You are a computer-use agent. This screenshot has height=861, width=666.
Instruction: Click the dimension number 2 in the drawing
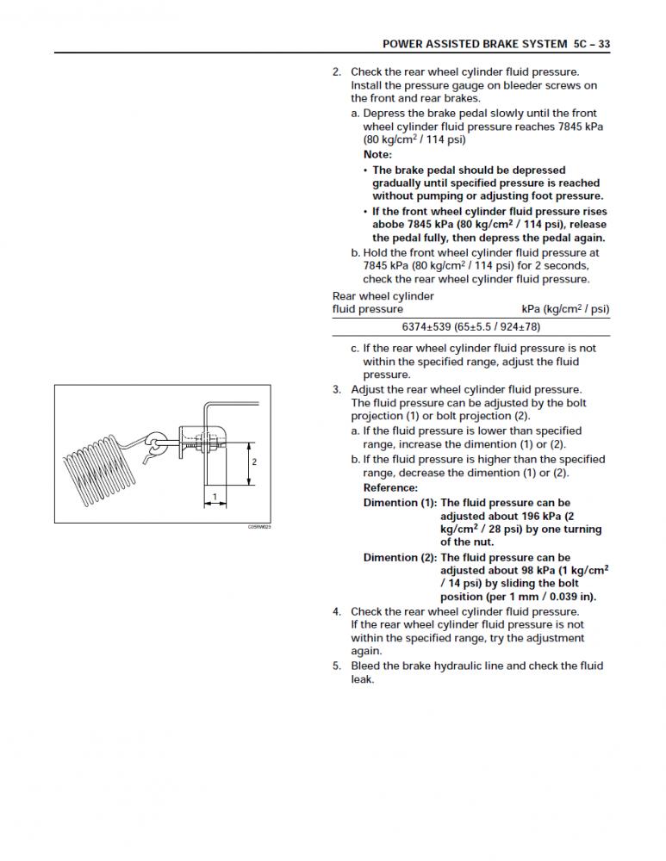[254, 462]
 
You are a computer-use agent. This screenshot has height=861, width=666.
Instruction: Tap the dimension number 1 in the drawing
[215, 497]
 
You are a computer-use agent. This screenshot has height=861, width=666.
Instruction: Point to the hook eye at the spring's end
[154, 442]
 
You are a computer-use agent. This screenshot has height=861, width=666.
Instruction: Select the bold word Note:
[377, 155]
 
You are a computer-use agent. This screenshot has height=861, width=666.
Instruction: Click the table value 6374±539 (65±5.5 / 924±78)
[470, 327]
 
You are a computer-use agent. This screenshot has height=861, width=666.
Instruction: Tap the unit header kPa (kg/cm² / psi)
[565, 309]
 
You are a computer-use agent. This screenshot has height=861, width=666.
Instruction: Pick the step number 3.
[337, 389]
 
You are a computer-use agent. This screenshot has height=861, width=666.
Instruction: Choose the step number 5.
[337, 666]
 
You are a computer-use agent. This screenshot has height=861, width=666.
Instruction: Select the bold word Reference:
[390, 488]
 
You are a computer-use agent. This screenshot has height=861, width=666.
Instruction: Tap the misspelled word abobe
[390, 225]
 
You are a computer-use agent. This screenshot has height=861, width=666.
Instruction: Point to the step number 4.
[337, 611]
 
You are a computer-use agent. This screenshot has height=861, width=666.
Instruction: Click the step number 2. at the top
[337, 72]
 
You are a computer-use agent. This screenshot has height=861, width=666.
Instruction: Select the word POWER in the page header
[403, 43]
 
